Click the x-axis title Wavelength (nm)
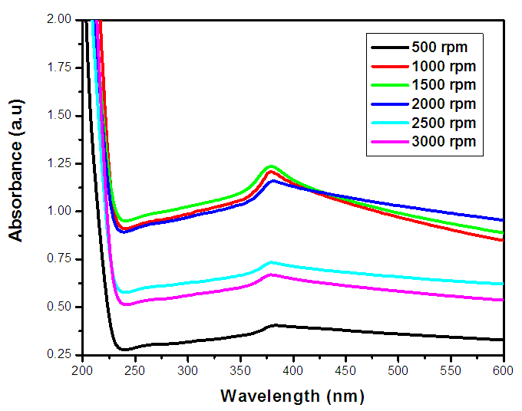tap(292, 396)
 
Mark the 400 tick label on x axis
tap(292, 370)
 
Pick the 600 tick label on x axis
tap(503, 370)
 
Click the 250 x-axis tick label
tap(134, 370)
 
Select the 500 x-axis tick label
tap(398, 370)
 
